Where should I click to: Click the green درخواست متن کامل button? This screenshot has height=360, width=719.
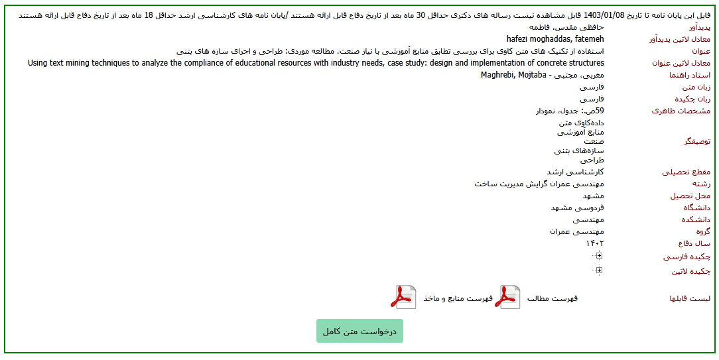coord(359,331)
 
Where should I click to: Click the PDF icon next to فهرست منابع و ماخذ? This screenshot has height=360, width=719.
coord(403,298)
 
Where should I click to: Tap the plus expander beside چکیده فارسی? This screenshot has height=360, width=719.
coord(599,256)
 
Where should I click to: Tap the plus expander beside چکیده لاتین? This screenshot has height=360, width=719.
coord(599,270)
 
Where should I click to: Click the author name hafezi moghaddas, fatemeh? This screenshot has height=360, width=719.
coord(555,39)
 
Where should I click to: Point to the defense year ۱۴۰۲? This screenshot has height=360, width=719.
coord(595,243)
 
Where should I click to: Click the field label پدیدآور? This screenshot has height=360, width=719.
coord(697,28)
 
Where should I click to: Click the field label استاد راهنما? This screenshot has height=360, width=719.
coord(690,76)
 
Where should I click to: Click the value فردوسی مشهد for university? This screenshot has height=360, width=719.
coord(577,208)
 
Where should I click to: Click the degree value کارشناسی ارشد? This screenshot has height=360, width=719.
coord(580,172)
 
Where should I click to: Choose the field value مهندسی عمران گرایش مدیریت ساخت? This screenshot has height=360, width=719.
coord(539,184)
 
